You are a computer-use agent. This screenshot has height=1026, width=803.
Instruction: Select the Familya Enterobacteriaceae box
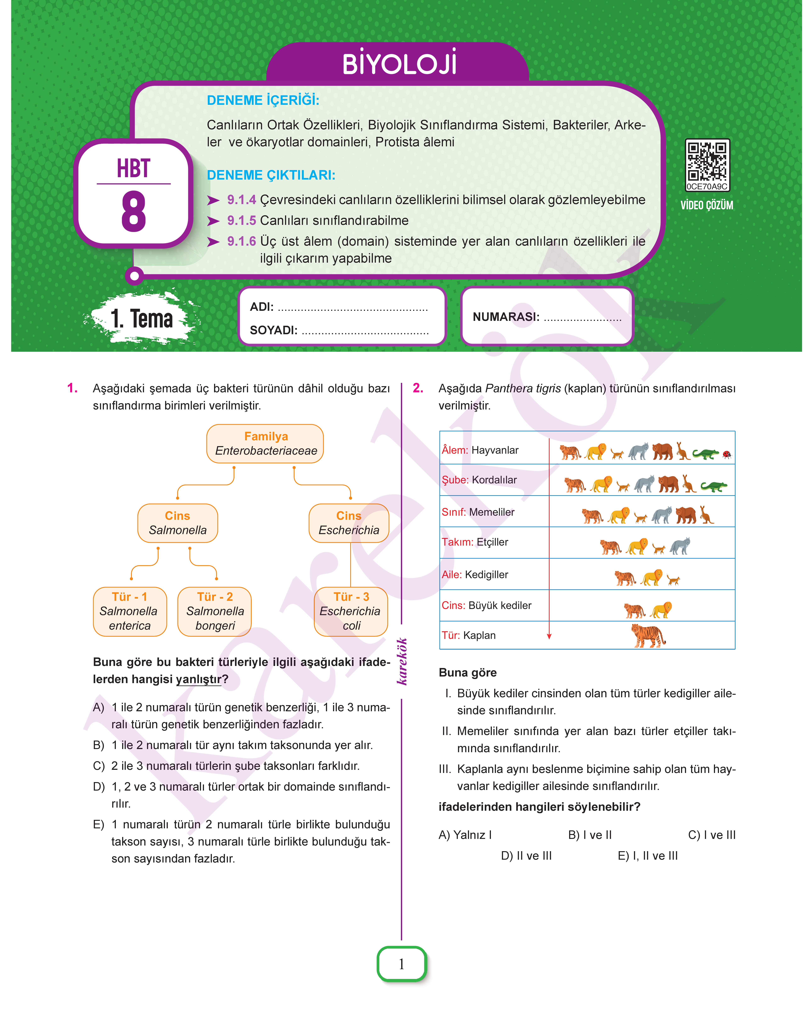(265, 444)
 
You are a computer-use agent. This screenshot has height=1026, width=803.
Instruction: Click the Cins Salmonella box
(178, 523)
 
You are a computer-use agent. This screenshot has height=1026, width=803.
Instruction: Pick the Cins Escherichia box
(349, 523)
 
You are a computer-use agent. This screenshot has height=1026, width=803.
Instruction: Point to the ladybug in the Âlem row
(727, 454)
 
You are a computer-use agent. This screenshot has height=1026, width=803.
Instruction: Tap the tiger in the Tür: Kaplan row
(648, 635)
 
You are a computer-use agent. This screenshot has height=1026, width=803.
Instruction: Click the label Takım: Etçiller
(475, 542)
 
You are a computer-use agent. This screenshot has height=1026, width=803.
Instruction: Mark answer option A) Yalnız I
(465, 835)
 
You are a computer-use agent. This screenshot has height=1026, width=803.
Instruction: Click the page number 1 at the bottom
(401, 964)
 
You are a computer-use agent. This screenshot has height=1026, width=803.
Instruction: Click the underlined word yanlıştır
(198, 679)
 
